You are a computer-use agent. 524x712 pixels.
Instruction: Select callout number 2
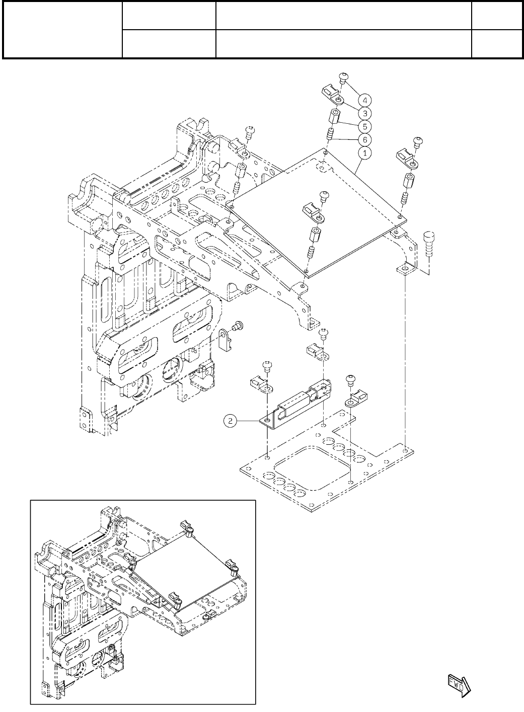click(230, 421)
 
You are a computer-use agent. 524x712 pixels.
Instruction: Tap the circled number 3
click(368, 113)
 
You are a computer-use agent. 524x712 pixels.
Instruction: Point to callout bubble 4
click(368, 99)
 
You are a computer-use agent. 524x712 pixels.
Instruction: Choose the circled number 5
click(368, 126)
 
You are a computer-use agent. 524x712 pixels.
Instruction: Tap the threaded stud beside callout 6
click(331, 134)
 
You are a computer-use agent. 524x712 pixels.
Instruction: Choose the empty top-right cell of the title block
click(496, 16)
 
